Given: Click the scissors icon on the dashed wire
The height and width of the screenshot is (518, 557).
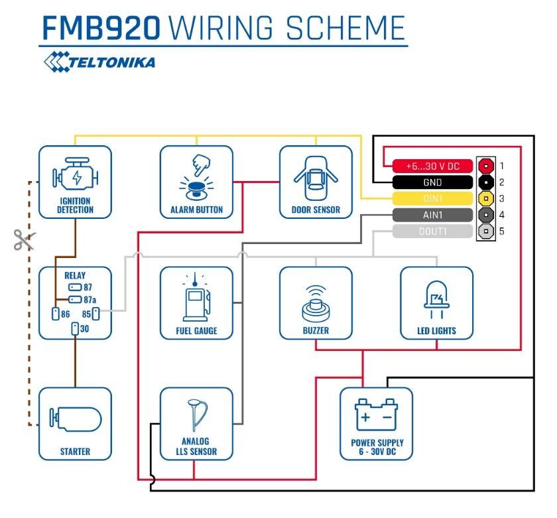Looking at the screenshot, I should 23,239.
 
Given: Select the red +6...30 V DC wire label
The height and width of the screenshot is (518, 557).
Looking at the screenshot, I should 432,166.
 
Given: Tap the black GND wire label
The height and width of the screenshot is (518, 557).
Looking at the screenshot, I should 432,182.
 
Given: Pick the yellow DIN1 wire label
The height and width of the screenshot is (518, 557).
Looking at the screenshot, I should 432,198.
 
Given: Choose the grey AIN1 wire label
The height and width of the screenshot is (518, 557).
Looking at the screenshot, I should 432,215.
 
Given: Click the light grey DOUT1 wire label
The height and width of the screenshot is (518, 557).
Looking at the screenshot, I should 432,231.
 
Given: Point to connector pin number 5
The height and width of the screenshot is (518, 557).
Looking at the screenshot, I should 502,231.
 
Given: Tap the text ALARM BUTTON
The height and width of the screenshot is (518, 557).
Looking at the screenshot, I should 196,210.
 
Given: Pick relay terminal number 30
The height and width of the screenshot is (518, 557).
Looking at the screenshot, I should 76,328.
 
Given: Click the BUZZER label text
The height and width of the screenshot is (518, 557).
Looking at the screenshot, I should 316,330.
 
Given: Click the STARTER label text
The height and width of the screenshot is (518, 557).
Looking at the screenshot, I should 76,452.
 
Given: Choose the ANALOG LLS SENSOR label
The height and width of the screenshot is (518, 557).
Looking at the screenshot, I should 196,446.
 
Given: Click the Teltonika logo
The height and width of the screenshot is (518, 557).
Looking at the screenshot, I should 99,62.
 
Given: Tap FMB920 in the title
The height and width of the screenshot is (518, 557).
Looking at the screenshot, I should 101,28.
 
